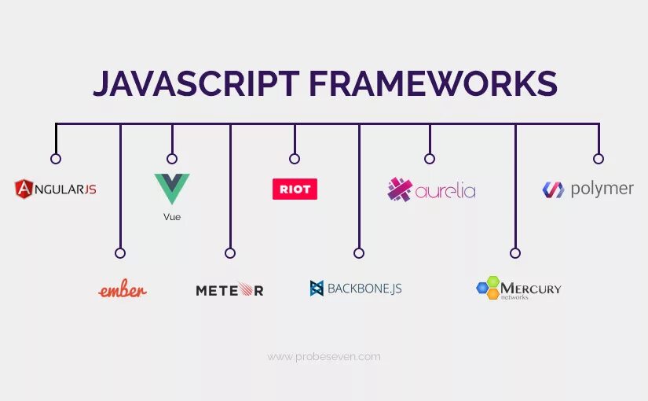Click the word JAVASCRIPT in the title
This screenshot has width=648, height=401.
[x=194, y=84]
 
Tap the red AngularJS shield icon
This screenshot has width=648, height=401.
[x=24, y=189]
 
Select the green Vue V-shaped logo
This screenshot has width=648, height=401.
[x=172, y=188]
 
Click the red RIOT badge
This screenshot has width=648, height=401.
[x=295, y=189]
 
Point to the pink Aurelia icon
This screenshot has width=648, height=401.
[x=400, y=189]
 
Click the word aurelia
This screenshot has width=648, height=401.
[x=445, y=190]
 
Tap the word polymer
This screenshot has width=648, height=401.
[x=602, y=189]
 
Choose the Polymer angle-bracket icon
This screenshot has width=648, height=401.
[x=553, y=189]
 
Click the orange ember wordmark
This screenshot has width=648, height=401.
[x=123, y=290]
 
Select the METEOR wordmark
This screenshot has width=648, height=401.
[x=229, y=290]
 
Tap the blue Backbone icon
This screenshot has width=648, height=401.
[x=317, y=289]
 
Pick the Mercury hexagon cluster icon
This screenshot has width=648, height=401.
[x=489, y=288]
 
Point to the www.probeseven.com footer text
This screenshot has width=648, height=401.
[x=324, y=357]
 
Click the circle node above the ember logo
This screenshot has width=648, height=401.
[x=120, y=253]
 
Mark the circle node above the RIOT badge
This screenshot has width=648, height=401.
[x=295, y=159]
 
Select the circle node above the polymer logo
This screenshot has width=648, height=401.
[x=599, y=159]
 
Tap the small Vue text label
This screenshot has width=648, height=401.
[x=172, y=217]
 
